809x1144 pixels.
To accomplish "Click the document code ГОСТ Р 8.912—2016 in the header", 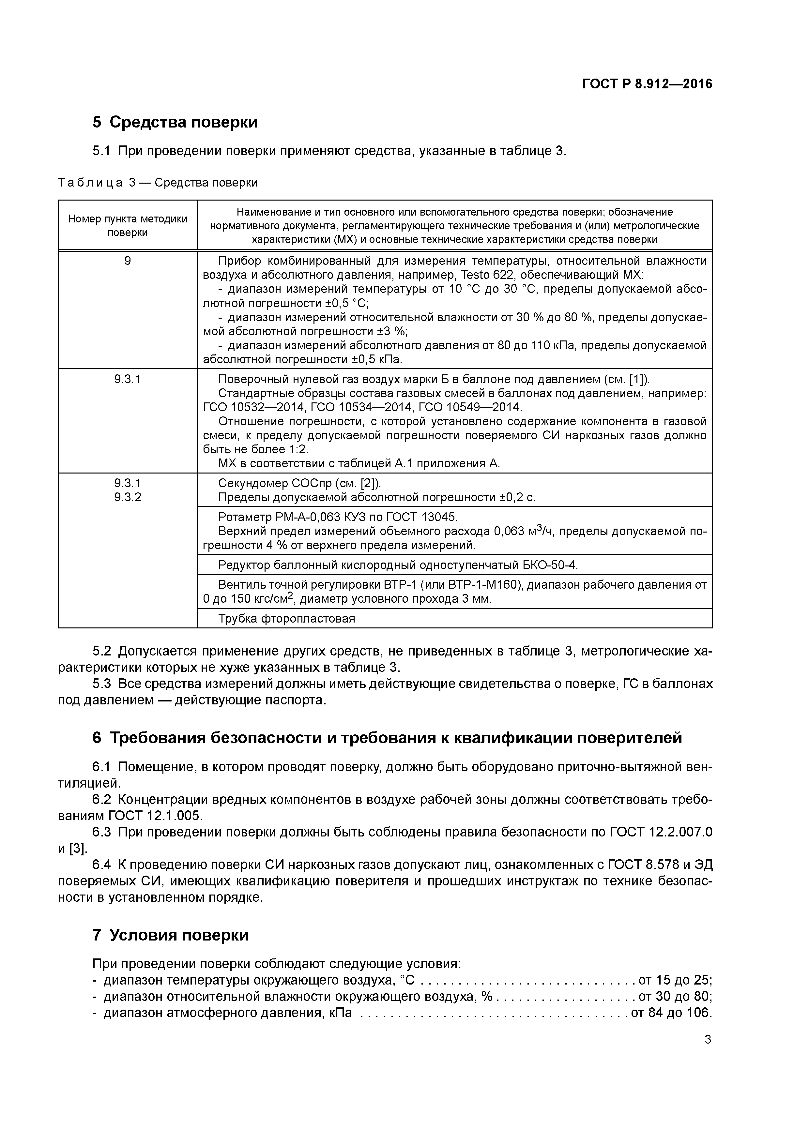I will (x=647, y=84).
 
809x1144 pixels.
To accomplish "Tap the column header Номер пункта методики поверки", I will (x=128, y=225).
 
